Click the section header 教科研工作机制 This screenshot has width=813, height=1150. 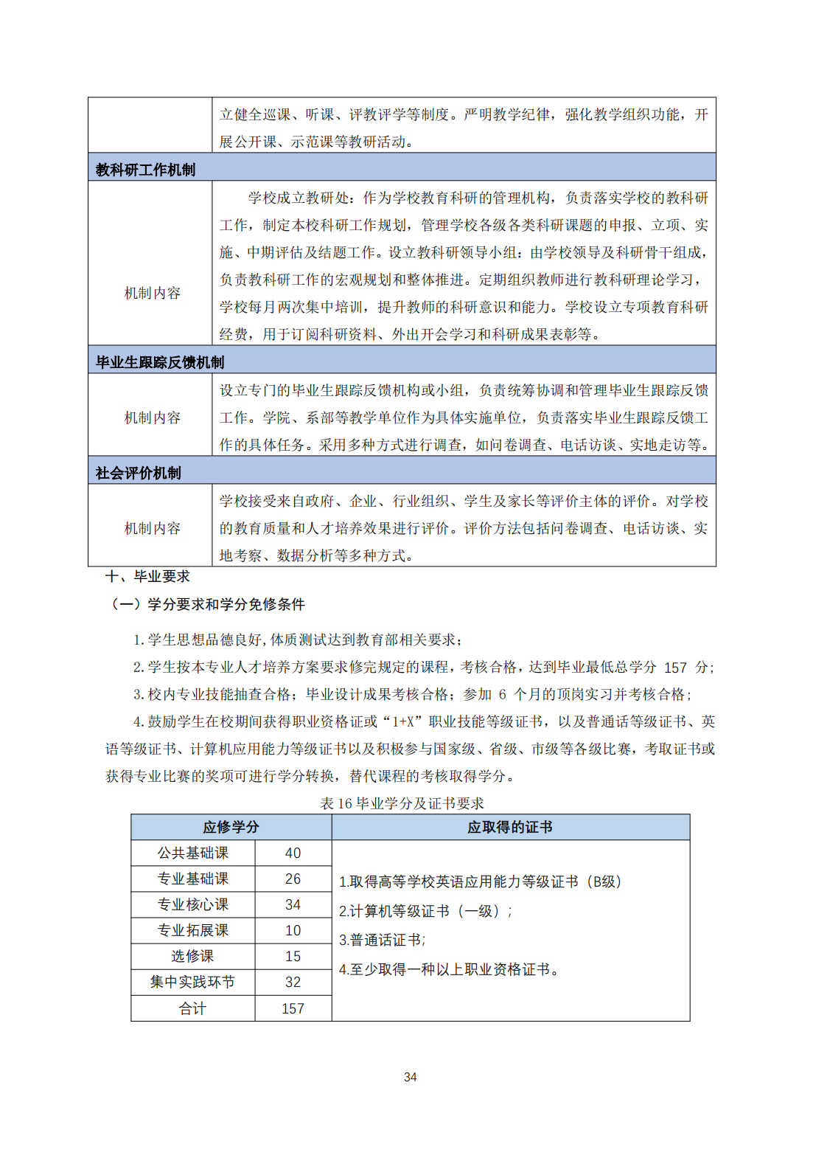click(145, 170)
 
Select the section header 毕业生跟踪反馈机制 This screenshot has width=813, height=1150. click(159, 362)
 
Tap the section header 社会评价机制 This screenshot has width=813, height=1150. click(138, 473)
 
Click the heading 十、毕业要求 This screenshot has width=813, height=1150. click(147, 576)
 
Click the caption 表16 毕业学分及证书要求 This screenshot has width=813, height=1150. click(402, 803)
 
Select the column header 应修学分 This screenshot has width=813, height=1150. click(231, 827)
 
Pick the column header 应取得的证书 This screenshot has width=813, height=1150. click(510, 827)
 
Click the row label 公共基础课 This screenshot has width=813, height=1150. click(192, 853)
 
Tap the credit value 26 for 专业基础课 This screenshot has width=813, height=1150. click(293, 879)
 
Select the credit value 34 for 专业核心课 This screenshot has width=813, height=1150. click(293, 904)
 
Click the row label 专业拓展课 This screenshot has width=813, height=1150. click(192, 930)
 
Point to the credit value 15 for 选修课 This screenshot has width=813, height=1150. click(293, 956)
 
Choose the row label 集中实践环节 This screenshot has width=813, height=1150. click(192, 982)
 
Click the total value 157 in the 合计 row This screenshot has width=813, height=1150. click(293, 1008)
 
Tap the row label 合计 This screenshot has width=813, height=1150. click(192, 1008)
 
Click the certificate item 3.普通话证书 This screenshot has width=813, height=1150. click(382, 940)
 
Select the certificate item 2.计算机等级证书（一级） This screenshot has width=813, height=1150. click(425, 911)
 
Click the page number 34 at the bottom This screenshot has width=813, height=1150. click(411, 1077)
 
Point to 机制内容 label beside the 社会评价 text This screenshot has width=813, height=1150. click(152, 528)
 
